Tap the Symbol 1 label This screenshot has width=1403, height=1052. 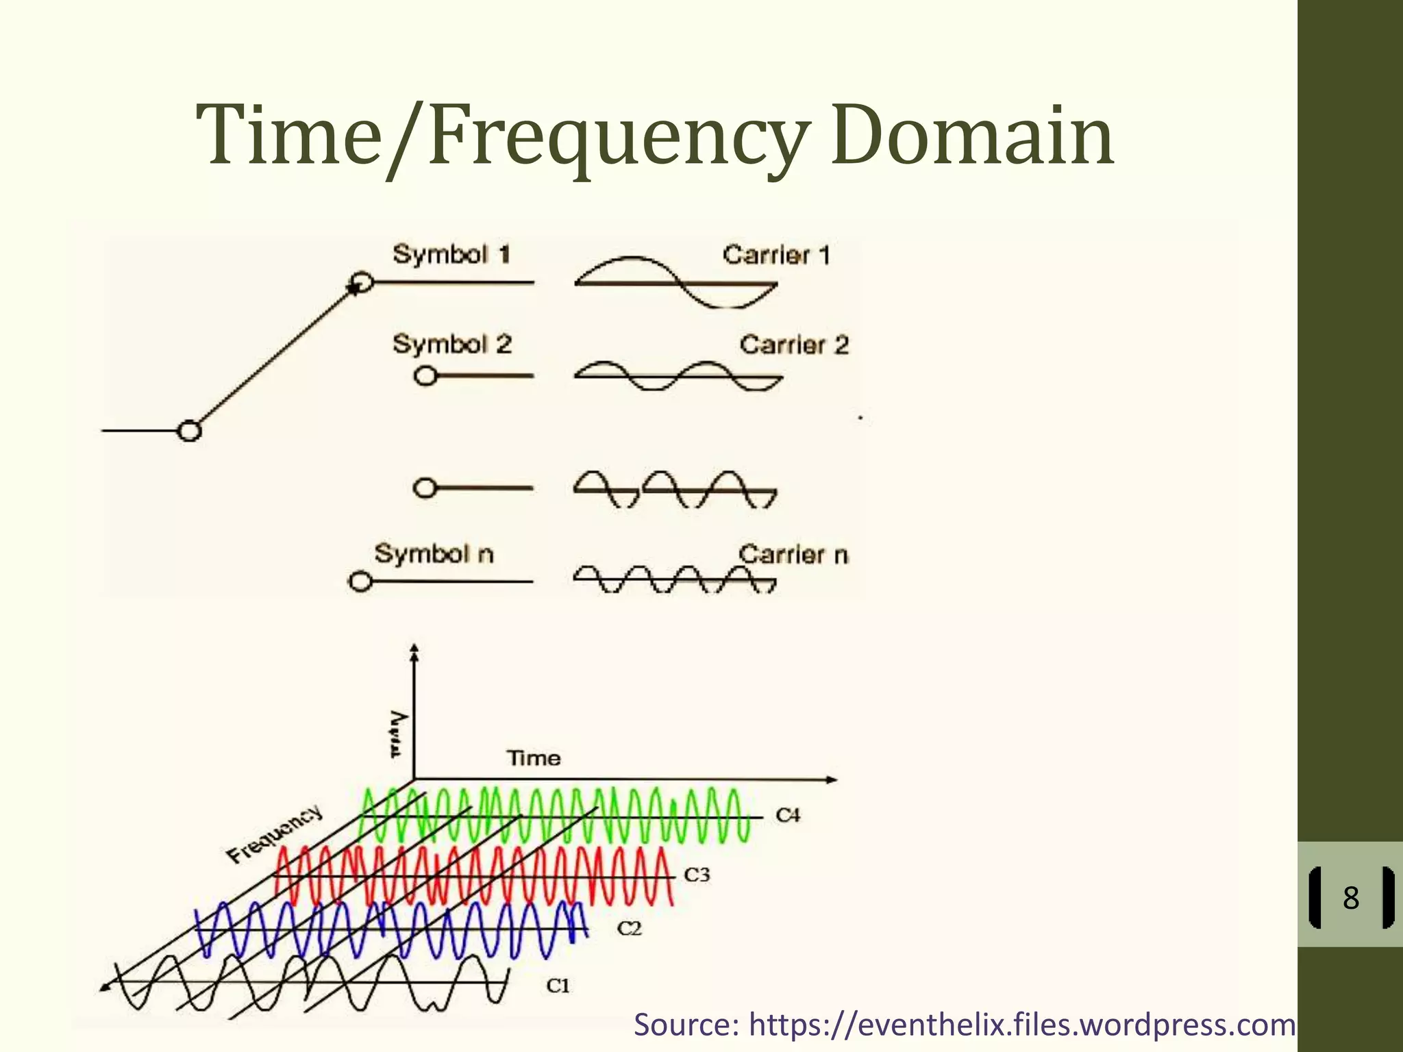[x=451, y=254]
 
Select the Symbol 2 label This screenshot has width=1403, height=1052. [x=452, y=344]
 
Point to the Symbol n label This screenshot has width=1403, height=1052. [x=434, y=553]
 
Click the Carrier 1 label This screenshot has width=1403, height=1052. [x=776, y=255]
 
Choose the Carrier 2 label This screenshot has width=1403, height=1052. [x=794, y=345]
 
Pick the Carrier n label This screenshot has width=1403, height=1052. [x=793, y=554]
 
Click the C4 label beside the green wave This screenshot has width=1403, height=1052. [x=788, y=815]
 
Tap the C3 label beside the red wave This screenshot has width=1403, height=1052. [x=697, y=875]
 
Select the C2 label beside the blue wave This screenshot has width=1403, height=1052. [x=630, y=929]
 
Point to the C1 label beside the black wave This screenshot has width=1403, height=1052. [x=558, y=986]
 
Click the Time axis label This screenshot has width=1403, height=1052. [x=534, y=758]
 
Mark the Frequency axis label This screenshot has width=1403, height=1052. [x=274, y=834]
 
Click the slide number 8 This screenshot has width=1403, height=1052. [x=1350, y=897]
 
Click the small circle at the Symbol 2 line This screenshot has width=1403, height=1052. [x=425, y=376]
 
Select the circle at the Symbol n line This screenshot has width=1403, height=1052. [x=360, y=581]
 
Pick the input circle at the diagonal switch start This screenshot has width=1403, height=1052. [x=189, y=431]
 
